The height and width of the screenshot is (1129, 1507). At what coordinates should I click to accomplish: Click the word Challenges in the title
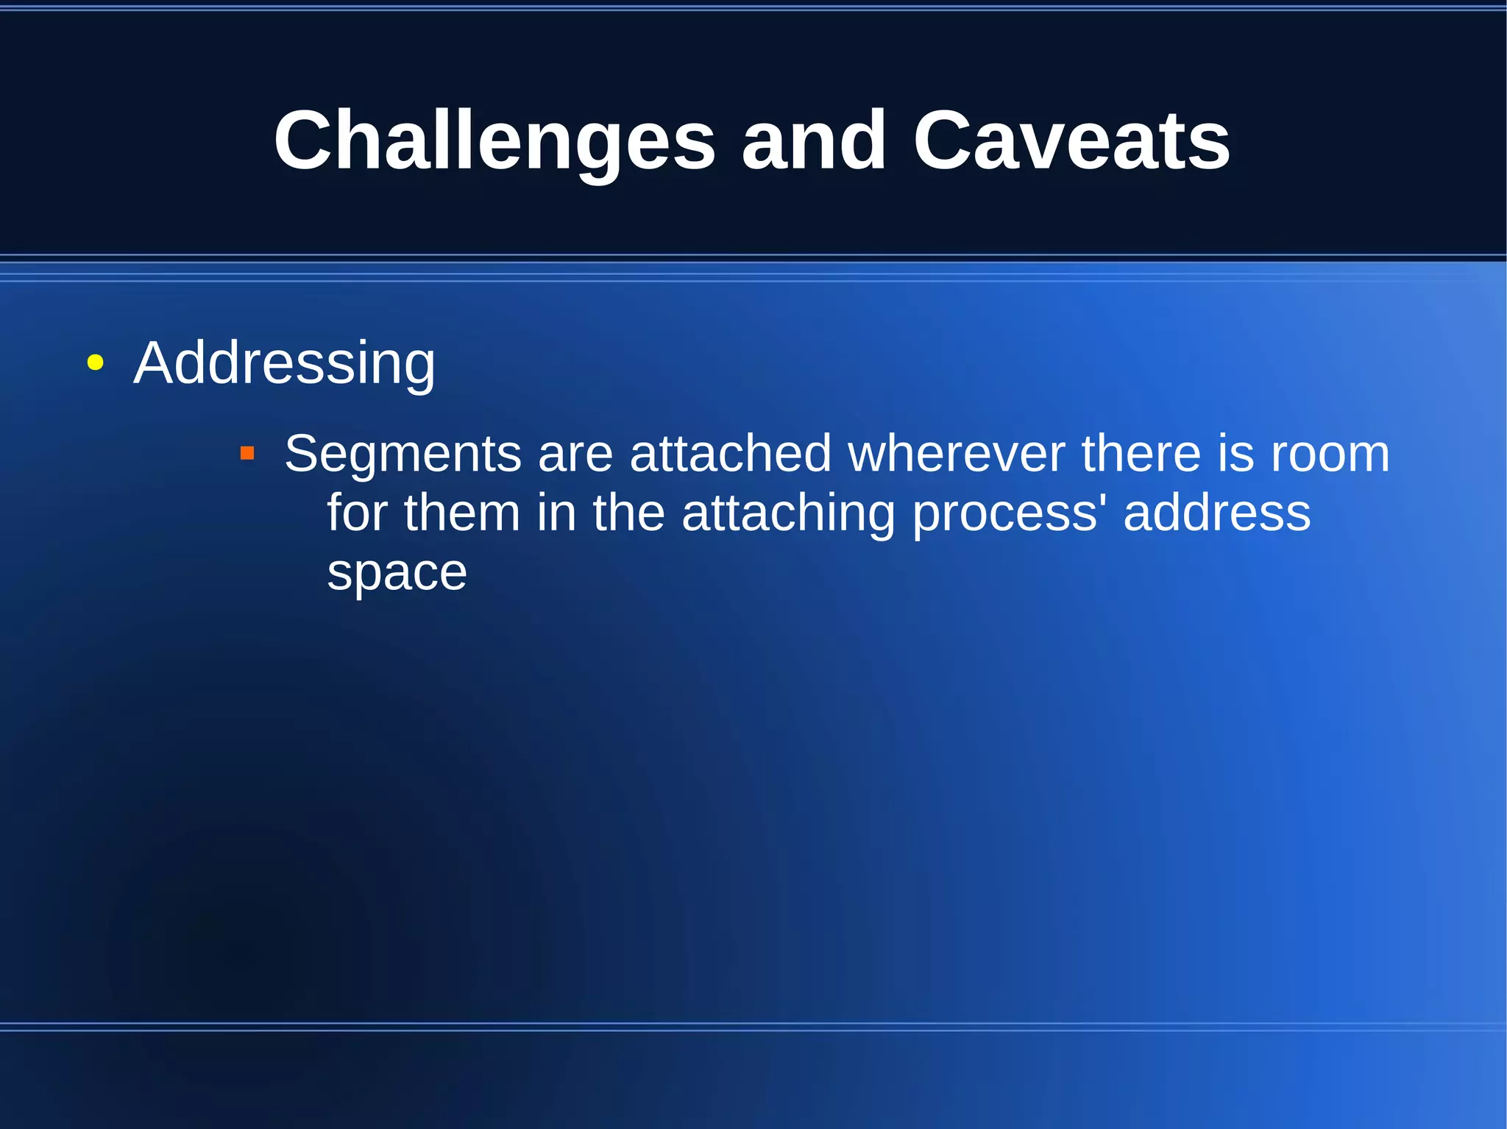click(494, 141)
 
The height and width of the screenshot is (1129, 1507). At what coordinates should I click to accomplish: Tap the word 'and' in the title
click(813, 141)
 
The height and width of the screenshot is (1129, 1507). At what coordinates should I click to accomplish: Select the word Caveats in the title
click(1071, 141)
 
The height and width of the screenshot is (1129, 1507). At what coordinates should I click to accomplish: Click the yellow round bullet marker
click(95, 363)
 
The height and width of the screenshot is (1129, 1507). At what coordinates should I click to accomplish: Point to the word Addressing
click(284, 363)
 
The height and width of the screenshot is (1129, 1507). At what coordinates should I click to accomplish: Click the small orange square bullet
click(247, 453)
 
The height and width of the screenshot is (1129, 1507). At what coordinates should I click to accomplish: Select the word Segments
click(403, 455)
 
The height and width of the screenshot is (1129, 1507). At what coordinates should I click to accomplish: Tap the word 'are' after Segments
click(575, 455)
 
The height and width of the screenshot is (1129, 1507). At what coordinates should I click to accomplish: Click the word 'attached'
click(730, 455)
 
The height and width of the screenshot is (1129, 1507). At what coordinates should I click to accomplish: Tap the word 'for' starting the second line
click(357, 513)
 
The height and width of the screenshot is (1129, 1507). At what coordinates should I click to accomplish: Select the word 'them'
click(461, 513)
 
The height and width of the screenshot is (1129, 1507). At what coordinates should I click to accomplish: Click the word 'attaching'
click(788, 513)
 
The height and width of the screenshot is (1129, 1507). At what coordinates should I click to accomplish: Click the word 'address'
click(1216, 513)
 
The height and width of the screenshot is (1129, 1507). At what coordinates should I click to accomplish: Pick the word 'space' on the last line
click(397, 573)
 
